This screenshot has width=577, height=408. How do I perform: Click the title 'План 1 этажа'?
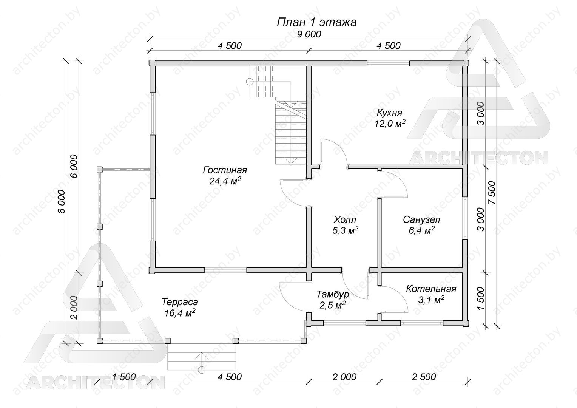click(316, 22)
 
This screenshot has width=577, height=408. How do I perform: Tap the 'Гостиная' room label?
click(225, 170)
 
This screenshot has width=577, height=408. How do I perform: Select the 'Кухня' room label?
click(389, 113)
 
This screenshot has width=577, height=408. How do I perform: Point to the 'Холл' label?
click(345, 219)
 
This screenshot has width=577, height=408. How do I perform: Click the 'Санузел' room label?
click(421, 219)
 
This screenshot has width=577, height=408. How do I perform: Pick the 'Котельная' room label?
click(431, 289)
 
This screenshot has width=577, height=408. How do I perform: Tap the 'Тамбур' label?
click(333, 294)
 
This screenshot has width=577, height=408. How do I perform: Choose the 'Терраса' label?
click(180, 301)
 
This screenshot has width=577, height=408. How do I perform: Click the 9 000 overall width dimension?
click(309, 34)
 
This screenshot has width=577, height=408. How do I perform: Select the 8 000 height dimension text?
click(62, 202)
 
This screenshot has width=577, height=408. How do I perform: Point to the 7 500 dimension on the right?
click(492, 193)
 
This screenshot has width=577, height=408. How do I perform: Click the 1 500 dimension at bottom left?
click(124, 377)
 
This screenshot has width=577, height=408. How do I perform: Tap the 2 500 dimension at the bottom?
click(424, 377)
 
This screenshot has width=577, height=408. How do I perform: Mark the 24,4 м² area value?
click(225, 181)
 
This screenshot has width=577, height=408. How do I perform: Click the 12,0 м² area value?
click(390, 124)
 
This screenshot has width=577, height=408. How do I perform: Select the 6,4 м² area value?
click(421, 230)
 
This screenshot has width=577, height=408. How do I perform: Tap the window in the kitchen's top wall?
click(388, 63)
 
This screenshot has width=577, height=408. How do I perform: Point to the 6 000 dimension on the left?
click(74, 166)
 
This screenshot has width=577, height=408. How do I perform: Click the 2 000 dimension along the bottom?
click(344, 377)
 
